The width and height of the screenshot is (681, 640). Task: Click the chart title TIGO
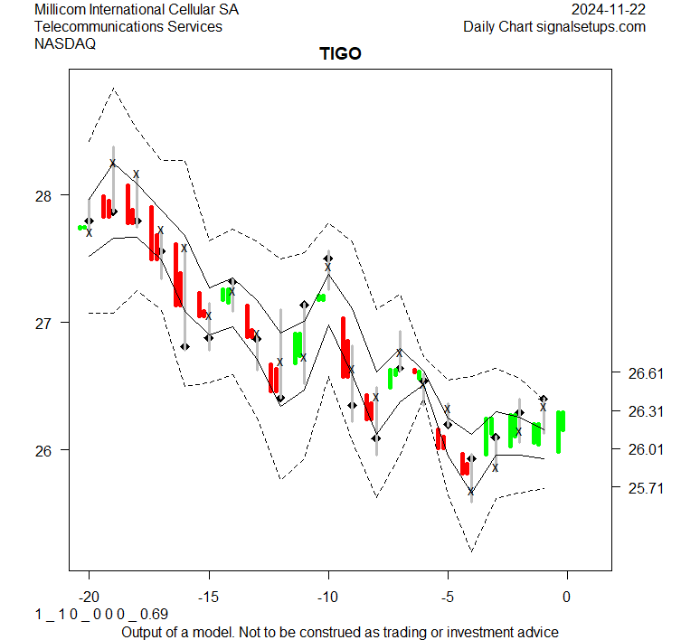pyautogui.click(x=340, y=53)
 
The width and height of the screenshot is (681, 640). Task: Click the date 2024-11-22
pyautogui.click(x=609, y=10)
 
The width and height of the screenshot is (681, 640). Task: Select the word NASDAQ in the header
pyautogui.click(x=64, y=43)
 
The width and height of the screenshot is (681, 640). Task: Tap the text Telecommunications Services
pyautogui.click(x=128, y=27)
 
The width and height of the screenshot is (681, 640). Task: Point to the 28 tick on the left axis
pyautogui.click(x=44, y=195)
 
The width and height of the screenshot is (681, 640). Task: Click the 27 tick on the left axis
pyautogui.click(x=44, y=323)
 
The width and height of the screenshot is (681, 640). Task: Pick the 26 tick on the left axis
pyautogui.click(x=44, y=450)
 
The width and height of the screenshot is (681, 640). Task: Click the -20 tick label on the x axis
pyautogui.click(x=89, y=597)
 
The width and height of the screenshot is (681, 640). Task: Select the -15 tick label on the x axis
pyautogui.click(x=208, y=597)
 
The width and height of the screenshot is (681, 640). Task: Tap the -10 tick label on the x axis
pyautogui.click(x=327, y=597)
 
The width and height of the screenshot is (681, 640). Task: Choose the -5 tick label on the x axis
pyautogui.click(x=447, y=597)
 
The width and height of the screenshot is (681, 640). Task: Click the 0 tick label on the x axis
pyautogui.click(x=567, y=597)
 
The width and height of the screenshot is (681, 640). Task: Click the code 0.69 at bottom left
pyautogui.click(x=154, y=615)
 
